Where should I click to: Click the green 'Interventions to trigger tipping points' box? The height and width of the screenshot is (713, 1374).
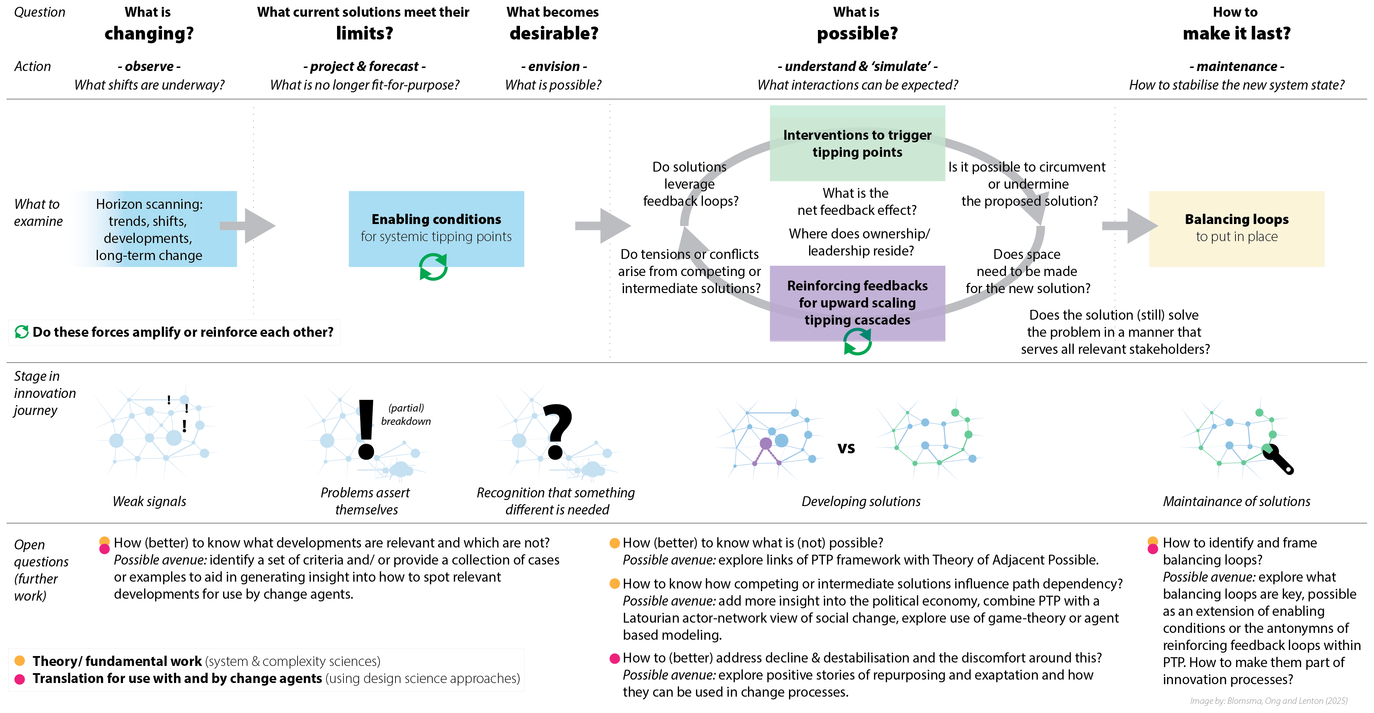click(857, 143)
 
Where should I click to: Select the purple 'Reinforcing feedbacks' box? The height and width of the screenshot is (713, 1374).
click(857, 303)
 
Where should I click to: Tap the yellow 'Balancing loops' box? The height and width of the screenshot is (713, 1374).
click(1236, 229)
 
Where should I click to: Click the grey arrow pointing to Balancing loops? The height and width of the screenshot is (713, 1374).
click(1129, 226)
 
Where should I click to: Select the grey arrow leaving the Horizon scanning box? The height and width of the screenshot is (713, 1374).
click(248, 226)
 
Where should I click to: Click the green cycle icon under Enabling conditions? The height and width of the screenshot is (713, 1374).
click(433, 267)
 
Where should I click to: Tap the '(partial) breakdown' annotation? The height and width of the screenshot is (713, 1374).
click(406, 415)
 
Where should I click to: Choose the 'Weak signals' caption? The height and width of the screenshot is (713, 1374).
click(149, 501)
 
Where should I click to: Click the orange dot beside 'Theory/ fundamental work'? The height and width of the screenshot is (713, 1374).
click(20, 661)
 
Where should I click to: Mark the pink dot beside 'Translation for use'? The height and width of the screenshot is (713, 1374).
click(20, 679)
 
